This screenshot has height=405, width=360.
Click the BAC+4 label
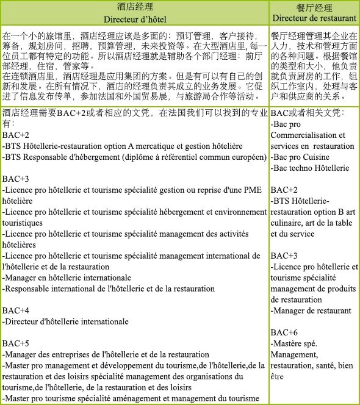[x=16, y=310]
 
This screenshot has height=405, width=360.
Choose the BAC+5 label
[x=16, y=343]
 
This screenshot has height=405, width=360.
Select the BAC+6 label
[x=284, y=332]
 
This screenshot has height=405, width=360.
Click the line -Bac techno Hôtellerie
[x=310, y=168]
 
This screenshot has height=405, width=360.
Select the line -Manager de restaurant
[x=311, y=310]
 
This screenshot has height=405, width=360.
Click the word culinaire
[x=286, y=223]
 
